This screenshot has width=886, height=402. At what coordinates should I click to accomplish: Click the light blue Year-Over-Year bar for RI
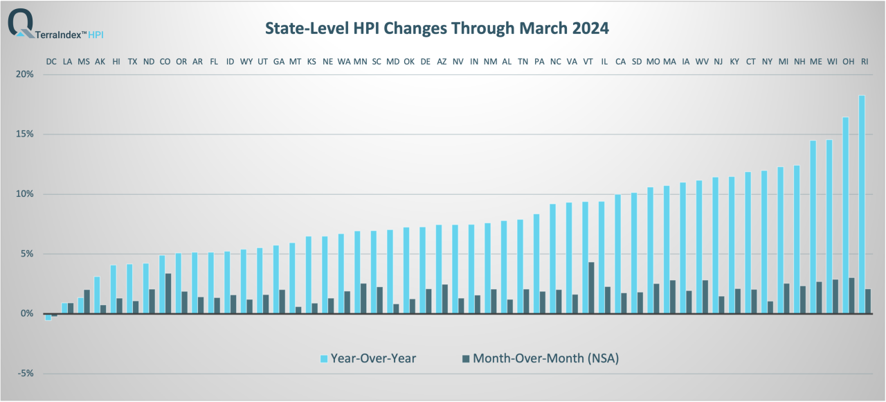(862, 204)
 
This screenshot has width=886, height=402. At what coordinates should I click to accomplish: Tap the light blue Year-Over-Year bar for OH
(845, 215)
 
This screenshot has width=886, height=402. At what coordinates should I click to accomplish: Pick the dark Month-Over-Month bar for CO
(168, 293)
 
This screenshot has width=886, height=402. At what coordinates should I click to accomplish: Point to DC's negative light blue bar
(48, 317)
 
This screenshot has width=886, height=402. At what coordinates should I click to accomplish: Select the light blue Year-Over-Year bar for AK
(98, 295)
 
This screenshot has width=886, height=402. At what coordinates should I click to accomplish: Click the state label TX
(132, 62)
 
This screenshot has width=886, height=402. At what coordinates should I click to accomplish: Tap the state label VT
(588, 62)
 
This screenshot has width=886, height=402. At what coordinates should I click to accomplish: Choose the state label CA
(620, 62)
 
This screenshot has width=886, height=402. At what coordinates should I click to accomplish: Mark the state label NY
(767, 62)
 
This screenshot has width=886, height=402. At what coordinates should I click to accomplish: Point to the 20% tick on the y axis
(24, 74)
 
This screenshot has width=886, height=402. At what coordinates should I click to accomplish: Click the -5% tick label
(24, 374)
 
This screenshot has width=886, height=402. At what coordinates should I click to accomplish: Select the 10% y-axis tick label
(24, 194)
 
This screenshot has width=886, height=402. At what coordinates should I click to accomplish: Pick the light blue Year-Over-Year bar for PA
(536, 263)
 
